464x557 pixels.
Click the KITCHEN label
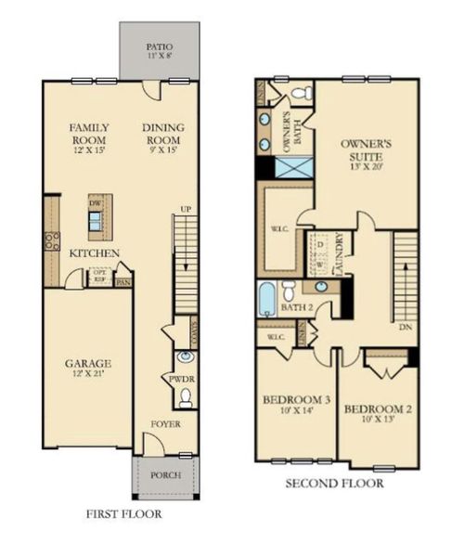(94, 253)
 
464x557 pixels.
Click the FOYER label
(167, 424)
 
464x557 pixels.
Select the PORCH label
(167, 474)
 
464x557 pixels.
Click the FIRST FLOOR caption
(123, 513)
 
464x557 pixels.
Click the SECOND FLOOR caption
(335, 483)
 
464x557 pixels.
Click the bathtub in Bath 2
(266, 299)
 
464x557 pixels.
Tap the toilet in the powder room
(186, 397)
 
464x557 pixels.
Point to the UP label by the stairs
(187, 209)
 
